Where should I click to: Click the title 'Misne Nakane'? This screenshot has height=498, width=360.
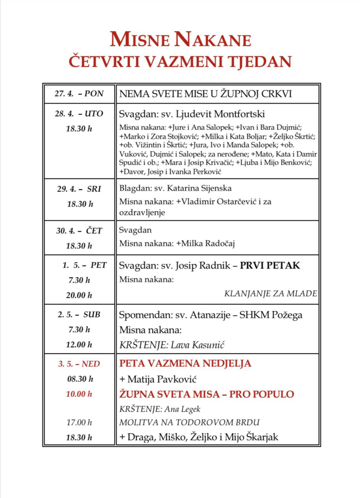180,39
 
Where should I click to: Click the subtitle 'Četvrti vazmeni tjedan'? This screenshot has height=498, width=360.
180,62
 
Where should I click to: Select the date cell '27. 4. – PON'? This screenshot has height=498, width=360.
79,94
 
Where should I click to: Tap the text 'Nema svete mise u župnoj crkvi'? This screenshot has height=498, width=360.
206,94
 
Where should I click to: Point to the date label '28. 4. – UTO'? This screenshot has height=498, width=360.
79,114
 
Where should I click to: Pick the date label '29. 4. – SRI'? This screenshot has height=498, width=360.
79,189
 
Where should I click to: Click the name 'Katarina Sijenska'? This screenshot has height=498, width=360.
198,188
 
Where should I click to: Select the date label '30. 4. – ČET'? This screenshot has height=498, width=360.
79,231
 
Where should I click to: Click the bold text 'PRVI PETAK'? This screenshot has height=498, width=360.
270,266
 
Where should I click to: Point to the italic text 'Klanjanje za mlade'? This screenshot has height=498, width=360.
270,294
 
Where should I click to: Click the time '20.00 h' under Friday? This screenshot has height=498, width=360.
79,295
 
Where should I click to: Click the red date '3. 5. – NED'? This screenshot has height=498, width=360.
79,364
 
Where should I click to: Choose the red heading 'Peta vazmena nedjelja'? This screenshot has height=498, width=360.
185,364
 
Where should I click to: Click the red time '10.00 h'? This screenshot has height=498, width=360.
79,394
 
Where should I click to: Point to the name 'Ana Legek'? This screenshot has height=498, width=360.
183,409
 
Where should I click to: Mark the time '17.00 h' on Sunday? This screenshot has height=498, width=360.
79,423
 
